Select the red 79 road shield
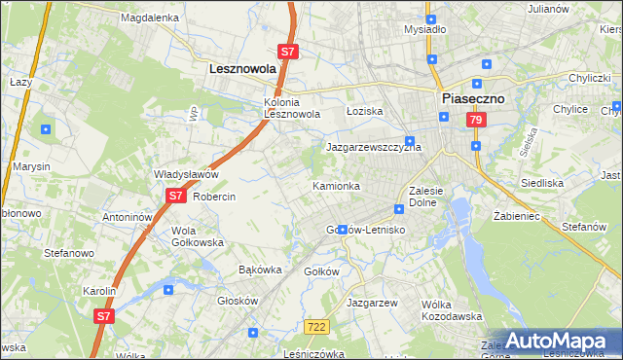(x=476, y=120)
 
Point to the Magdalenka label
(x=150, y=18)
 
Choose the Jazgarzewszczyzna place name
(x=373, y=148)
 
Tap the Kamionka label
(x=337, y=185)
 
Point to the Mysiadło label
(x=424, y=29)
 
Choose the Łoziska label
(x=365, y=112)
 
